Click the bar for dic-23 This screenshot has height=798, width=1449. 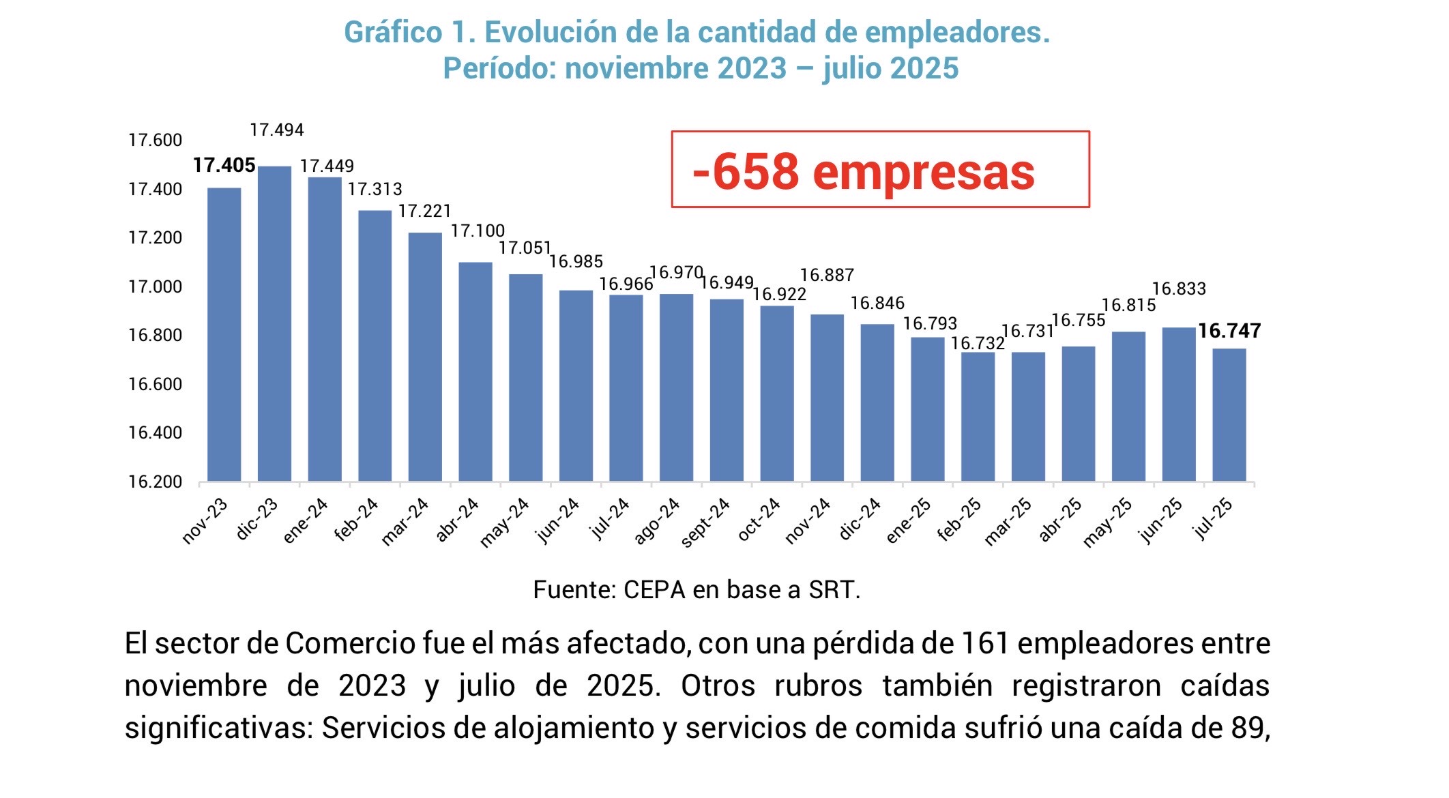click(x=274, y=324)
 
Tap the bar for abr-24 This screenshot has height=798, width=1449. click(x=475, y=372)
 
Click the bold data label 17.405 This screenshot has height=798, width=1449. click(x=224, y=165)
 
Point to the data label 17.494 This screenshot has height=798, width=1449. click(x=277, y=130)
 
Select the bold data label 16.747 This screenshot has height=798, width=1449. click(x=1229, y=331)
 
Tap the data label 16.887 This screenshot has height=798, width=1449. click(x=827, y=276)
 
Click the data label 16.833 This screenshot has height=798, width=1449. click(x=1179, y=289)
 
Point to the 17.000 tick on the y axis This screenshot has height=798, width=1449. click(x=156, y=287)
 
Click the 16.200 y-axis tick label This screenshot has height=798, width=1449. click(x=156, y=482)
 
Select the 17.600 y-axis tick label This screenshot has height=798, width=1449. click(x=156, y=141)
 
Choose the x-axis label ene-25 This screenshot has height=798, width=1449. click(x=909, y=521)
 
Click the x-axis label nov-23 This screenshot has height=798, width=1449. click(x=205, y=522)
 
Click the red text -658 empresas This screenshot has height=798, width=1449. click(x=864, y=171)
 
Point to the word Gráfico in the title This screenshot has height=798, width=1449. click(x=393, y=32)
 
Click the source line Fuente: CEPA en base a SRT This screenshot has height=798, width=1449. click(x=697, y=590)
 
